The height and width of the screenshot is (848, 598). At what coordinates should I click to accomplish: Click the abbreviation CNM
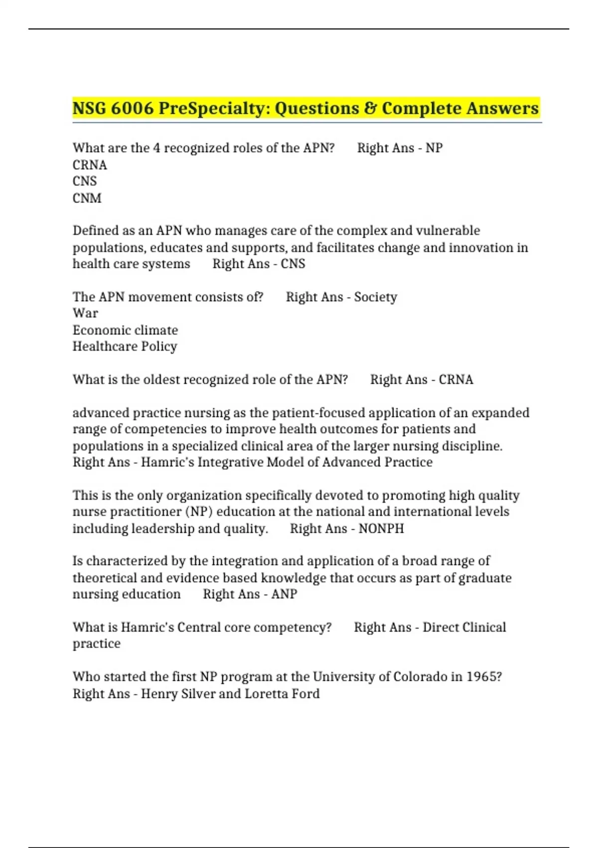pyautogui.click(x=87, y=198)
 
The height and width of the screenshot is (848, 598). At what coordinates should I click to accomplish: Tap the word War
pyautogui.click(x=85, y=313)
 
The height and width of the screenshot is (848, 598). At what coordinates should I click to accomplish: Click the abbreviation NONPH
pyautogui.click(x=381, y=528)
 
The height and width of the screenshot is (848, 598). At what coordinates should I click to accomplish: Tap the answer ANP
pyautogui.click(x=284, y=594)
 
